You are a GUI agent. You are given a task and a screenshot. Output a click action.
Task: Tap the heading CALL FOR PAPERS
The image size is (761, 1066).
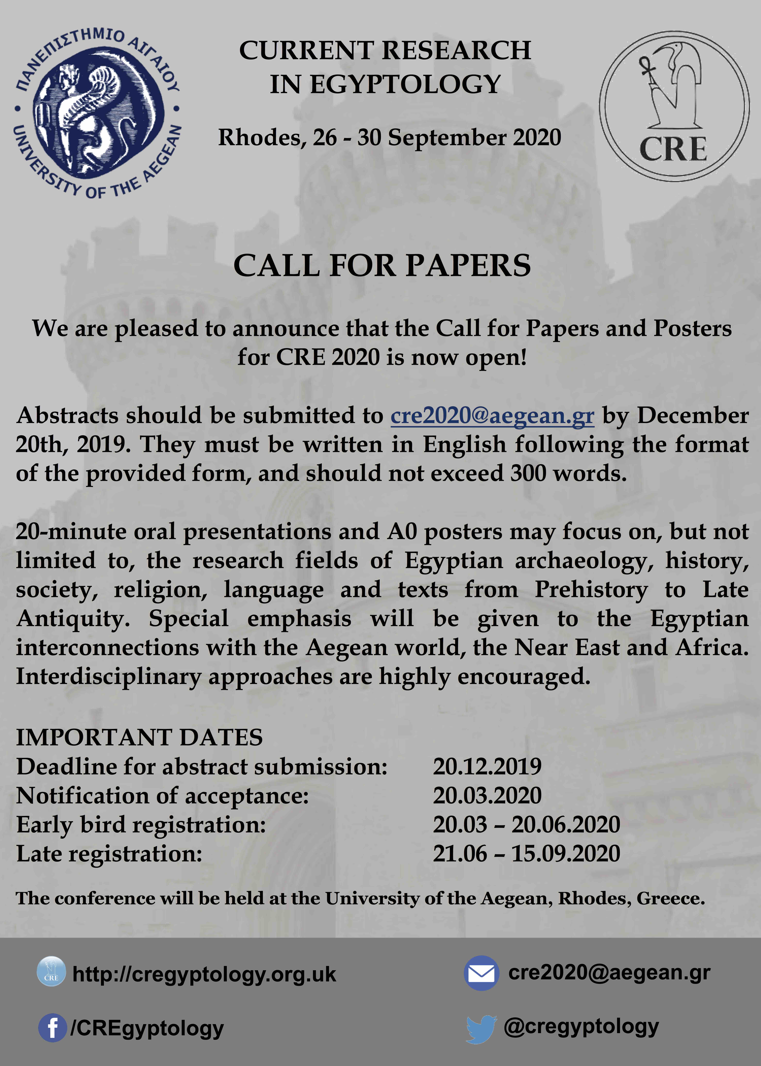382,266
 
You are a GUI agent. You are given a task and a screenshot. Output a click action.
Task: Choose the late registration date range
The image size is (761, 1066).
526,854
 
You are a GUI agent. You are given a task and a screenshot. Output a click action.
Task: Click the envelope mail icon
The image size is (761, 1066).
481,973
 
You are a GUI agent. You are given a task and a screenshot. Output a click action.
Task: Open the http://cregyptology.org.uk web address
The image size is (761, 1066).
204,974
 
